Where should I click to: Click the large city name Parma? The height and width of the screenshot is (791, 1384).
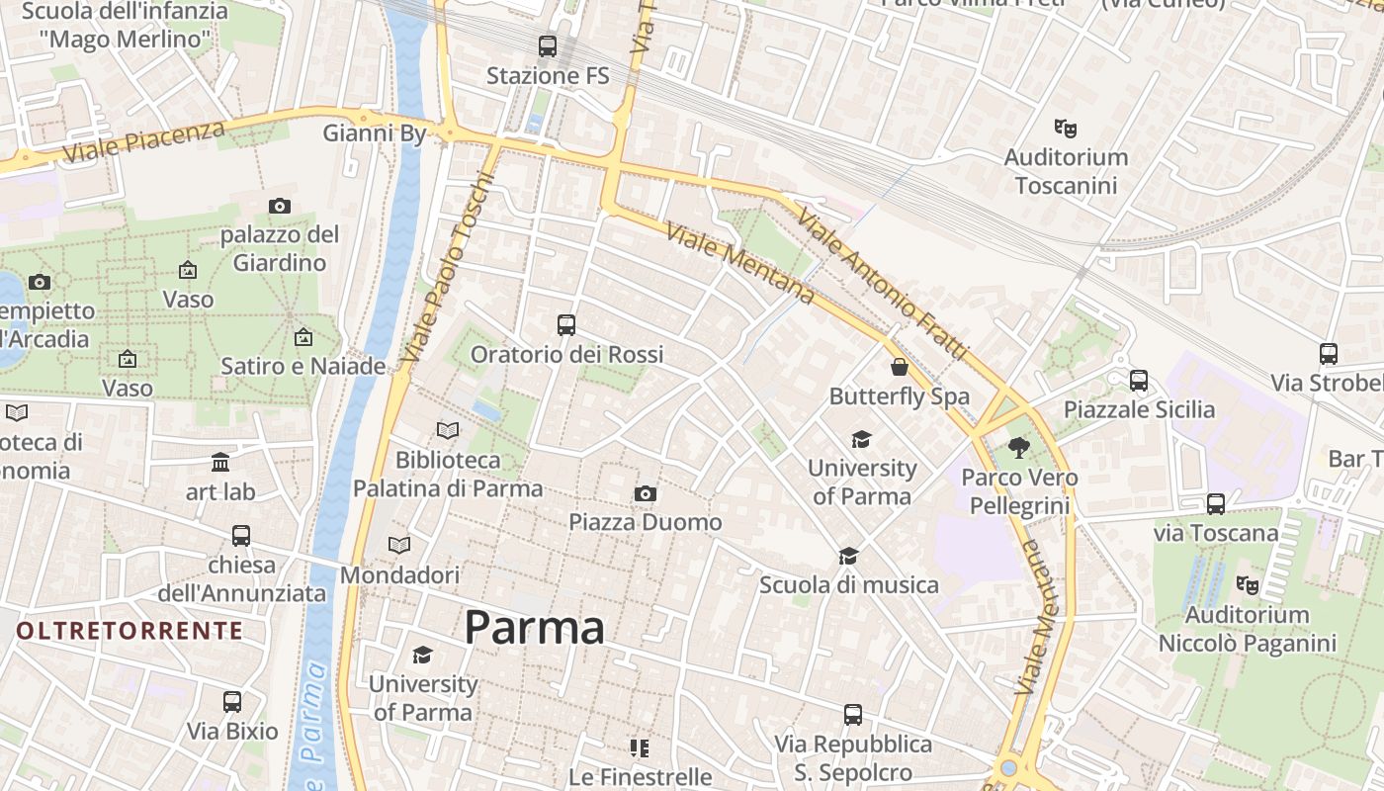coord(534,628)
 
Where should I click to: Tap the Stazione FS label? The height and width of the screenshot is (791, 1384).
coord(548,76)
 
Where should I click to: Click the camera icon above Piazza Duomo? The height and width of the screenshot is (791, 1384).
coord(646,493)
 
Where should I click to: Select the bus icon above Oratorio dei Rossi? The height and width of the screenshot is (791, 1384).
coord(566,324)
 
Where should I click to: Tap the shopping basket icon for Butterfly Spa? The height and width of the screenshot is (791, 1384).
coord(900,367)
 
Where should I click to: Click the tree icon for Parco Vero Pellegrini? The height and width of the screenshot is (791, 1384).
coord(1019,448)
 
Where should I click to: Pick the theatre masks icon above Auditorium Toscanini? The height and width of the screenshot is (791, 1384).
coord(1065,128)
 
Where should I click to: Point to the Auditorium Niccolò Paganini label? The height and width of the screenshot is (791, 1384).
coord(1247,629)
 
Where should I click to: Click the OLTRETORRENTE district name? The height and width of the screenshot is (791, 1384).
coord(130,631)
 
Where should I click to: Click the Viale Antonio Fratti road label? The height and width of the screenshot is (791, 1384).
coord(883,284)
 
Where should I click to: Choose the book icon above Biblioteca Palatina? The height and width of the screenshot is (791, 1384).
coord(448,430)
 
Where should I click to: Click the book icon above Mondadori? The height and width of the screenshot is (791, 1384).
coord(399,545)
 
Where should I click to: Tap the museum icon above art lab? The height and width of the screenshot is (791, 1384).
coord(220,462)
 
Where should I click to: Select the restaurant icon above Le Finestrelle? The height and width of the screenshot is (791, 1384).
coord(640,747)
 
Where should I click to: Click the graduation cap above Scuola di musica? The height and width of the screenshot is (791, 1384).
coord(848,556)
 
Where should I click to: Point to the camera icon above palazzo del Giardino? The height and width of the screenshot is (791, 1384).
coord(280,206)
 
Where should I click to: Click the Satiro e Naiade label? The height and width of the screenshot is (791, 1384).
coord(303,366)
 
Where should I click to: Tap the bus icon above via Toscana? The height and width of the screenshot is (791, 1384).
coord(1216,503)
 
